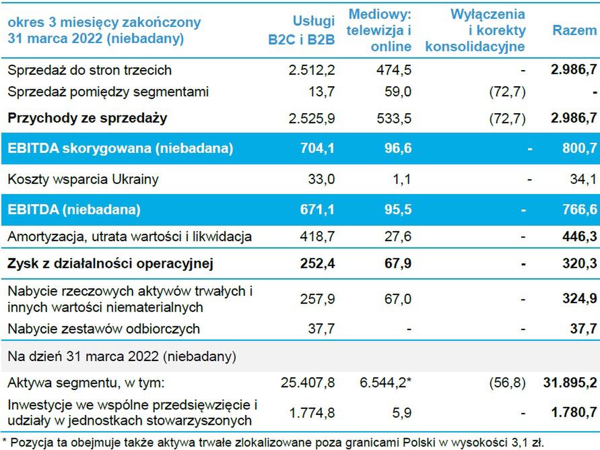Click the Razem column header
pyautogui.click(x=574, y=30)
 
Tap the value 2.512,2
pyautogui.click(x=311, y=70)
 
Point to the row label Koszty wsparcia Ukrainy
pyautogui.click(x=83, y=180)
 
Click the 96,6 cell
pyautogui.click(x=397, y=149)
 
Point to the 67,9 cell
pyautogui.click(x=397, y=263)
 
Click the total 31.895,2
pyautogui.click(x=570, y=383)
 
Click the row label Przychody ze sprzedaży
pyautogui.click(x=88, y=118)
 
